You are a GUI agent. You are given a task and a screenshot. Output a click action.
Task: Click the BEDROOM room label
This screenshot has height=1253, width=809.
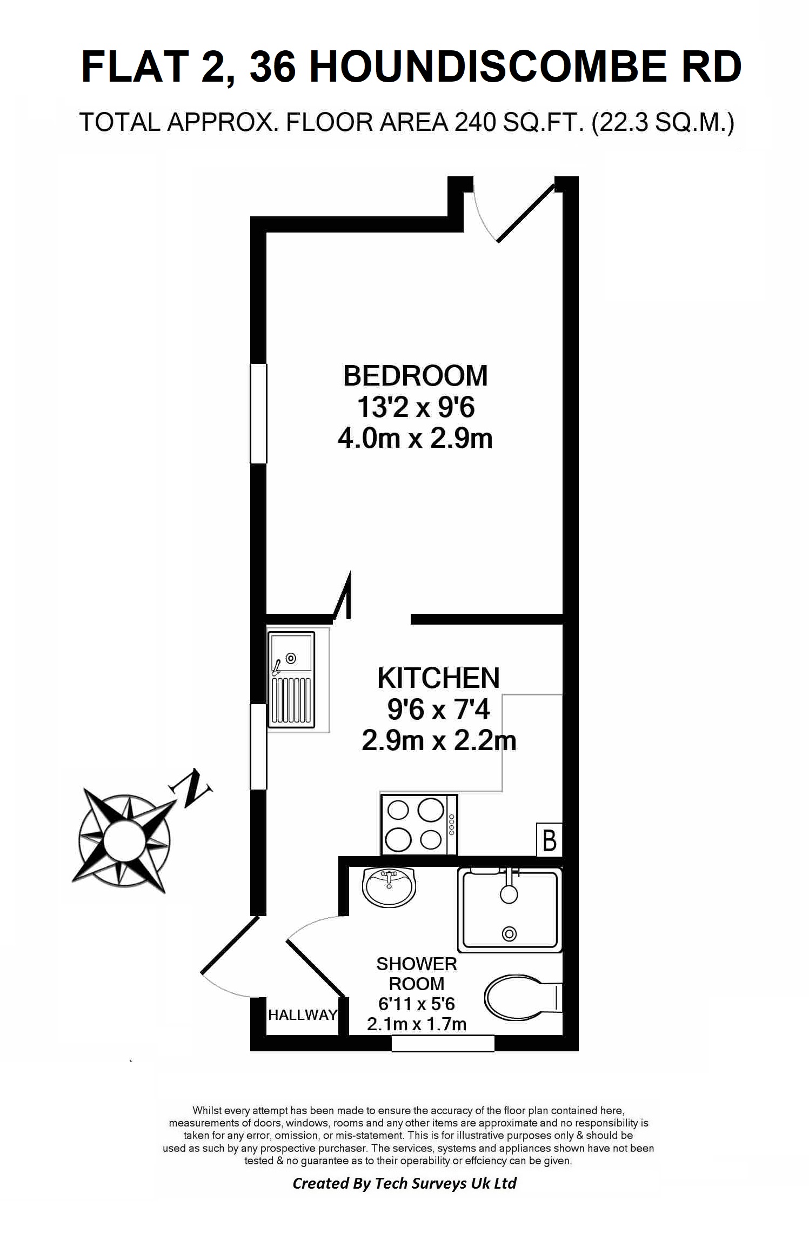coord(415,376)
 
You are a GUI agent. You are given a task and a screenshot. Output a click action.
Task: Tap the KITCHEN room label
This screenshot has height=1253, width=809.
coord(438,678)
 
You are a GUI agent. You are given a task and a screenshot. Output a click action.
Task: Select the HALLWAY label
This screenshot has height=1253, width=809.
coord(302,1015)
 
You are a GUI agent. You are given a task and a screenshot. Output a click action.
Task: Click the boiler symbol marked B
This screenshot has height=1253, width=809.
coord(549,840)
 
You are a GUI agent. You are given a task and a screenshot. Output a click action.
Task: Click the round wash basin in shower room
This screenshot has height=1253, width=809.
coord(389,887)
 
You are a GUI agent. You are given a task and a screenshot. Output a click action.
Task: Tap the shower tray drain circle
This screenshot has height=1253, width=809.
coord(509,933)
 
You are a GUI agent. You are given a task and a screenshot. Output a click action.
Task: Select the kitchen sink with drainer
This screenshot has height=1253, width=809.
coord(292,679)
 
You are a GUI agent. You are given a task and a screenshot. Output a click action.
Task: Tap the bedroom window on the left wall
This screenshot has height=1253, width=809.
coord(258,414)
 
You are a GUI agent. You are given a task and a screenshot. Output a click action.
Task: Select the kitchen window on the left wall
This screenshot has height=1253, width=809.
coord(258,746)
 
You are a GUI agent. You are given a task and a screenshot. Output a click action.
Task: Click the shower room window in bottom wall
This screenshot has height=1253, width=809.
coord(443,1043)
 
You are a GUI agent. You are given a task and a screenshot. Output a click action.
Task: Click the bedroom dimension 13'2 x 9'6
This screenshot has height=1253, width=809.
coord(415,407)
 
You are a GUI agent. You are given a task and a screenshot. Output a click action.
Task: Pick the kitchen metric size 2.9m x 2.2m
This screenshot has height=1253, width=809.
coord(438,741)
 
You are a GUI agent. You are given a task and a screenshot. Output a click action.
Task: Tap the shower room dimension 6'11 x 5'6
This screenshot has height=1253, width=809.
coord(416,1004)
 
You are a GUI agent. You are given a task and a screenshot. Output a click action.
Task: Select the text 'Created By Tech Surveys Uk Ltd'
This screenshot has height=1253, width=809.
coord(404,1183)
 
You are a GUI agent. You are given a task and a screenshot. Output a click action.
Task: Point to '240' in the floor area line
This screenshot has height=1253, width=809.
coord(475,123)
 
